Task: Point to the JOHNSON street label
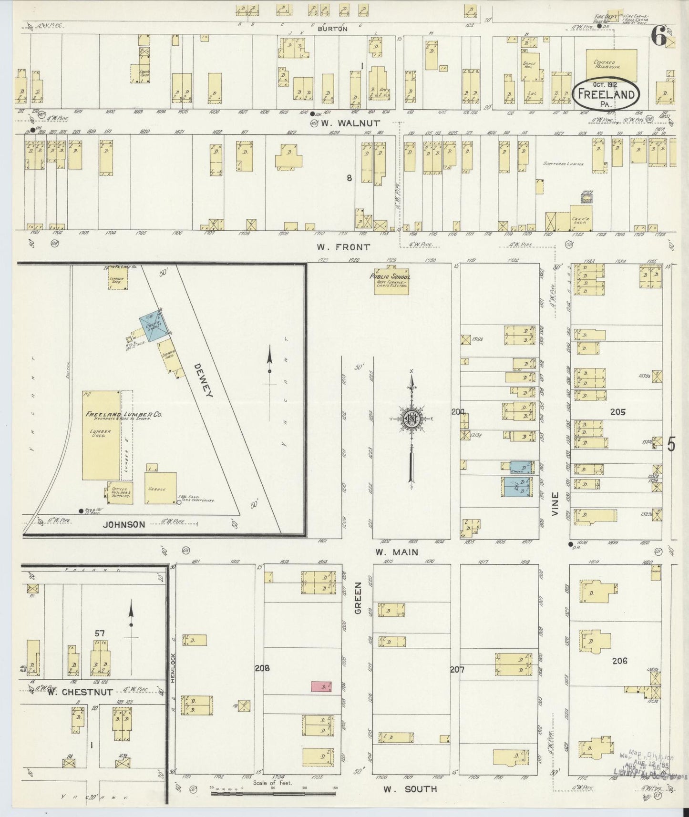tap(123, 524)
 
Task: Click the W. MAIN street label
tap(397, 552)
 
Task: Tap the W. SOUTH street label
tap(411, 789)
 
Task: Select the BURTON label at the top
tap(333, 29)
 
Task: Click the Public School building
tap(391, 283)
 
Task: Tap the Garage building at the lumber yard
tap(160, 488)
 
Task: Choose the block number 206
tap(619, 661)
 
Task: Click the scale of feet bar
tap(274, 794)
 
